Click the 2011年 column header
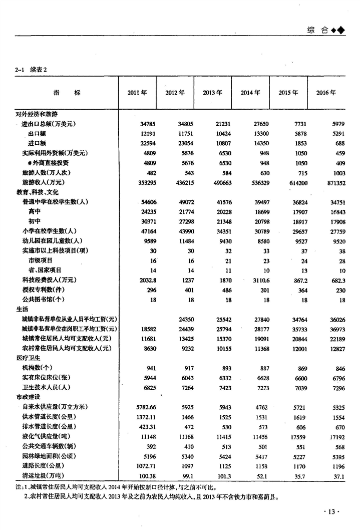(137, 93)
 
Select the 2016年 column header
(326, 93)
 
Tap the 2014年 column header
(250, 93)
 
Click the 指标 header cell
(67, 93)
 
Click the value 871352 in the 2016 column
(335, 183)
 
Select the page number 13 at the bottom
(331, 511)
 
